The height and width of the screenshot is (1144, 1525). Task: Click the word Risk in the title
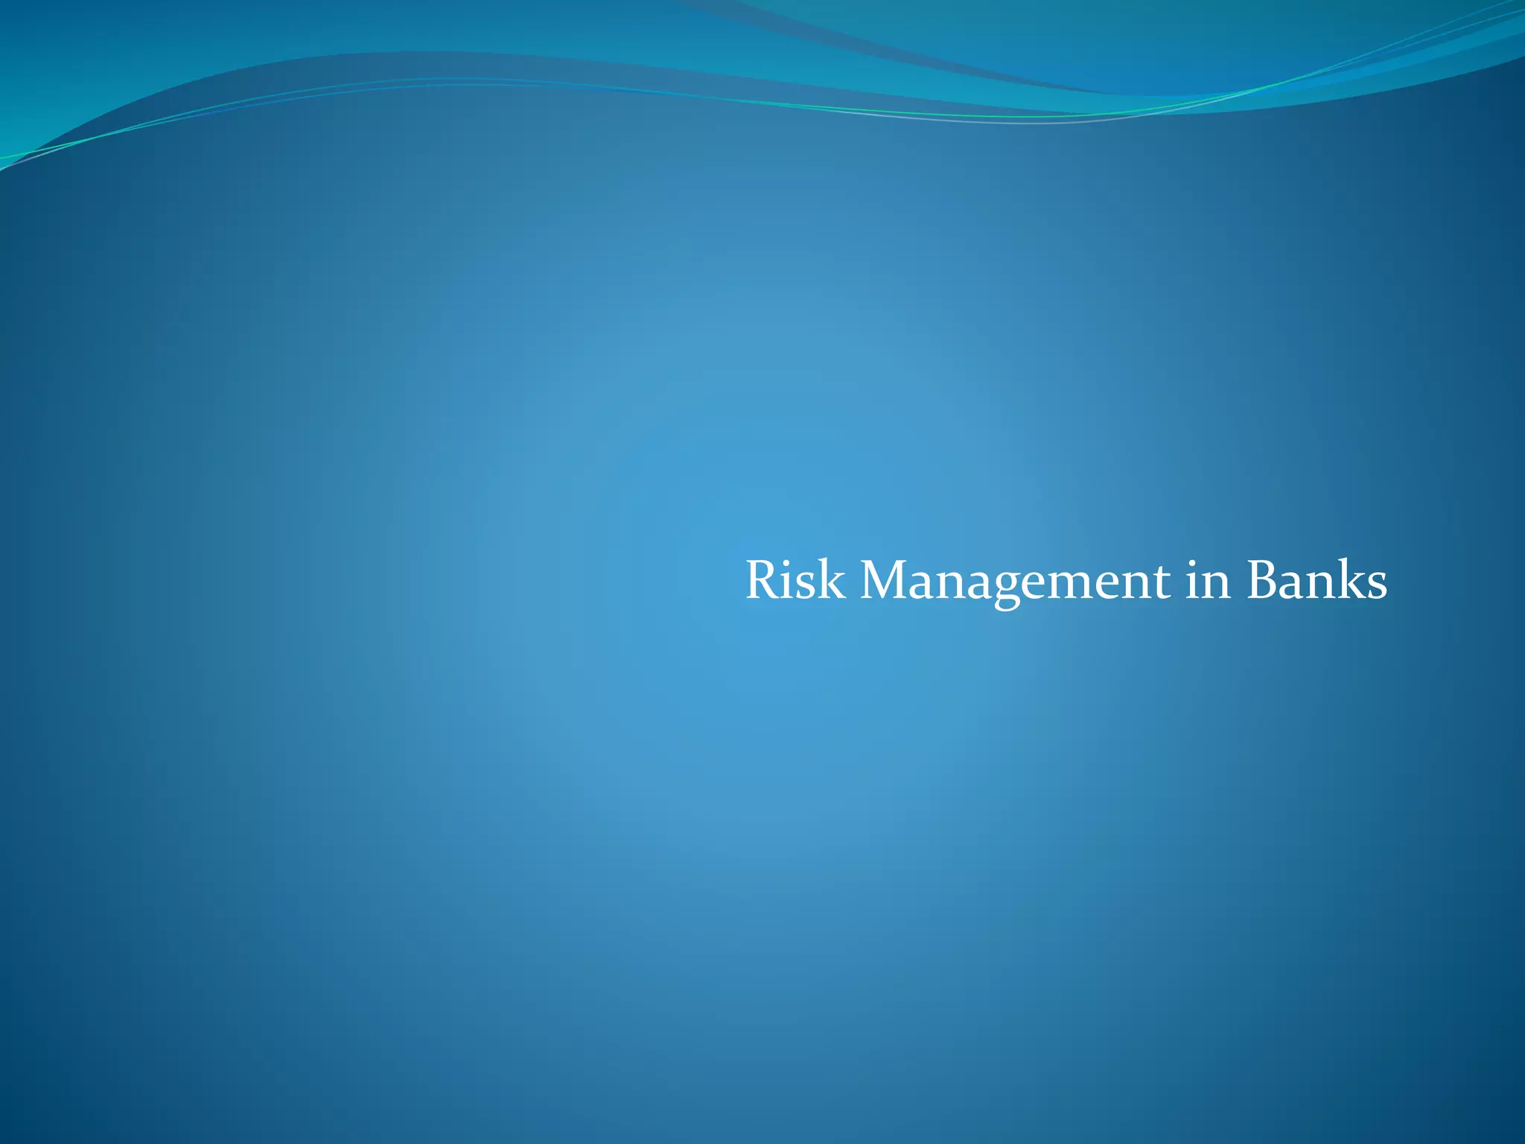pos(795,580)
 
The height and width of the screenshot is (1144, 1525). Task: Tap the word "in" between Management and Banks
pos(1208,582)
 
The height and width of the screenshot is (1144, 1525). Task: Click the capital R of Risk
pos(762,580)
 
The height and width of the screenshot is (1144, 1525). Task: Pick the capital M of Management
pos(885,580)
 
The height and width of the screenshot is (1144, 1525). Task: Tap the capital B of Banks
pos(1261,580)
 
